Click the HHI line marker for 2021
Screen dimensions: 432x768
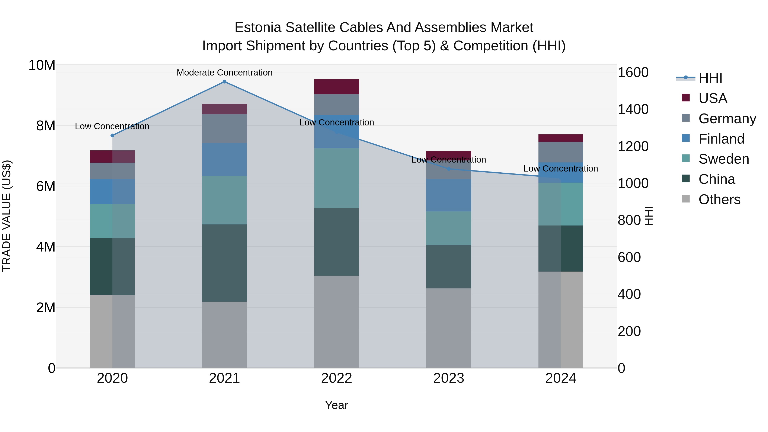pos(224,82)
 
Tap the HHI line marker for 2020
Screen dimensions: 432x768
pos(112,135)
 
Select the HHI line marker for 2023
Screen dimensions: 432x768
pos(449,169)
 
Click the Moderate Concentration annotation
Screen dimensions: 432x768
pos(224,73)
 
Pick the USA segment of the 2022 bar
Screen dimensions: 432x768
pos(337,87)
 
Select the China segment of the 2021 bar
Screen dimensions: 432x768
pos(224,263)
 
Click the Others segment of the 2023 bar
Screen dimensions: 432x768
pos(449,328)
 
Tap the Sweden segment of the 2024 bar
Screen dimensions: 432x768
pos(561,204)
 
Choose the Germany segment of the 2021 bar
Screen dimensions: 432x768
pos(224,128)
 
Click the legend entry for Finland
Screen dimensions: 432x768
pos(721,139)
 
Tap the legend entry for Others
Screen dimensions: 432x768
pos(719,199)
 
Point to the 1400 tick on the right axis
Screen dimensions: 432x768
pos(633,109)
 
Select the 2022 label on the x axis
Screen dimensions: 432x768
pos(337,378)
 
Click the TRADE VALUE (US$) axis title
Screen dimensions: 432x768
pos(7,216)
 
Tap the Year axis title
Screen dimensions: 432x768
pos(337,405)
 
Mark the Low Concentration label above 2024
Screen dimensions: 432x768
pos(561,169)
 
